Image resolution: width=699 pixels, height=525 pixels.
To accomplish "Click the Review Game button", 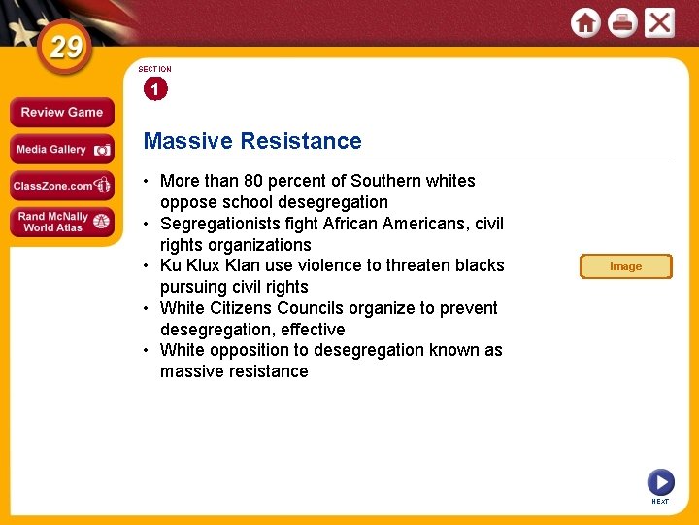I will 61,113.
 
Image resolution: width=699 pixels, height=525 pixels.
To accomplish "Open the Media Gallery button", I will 61,150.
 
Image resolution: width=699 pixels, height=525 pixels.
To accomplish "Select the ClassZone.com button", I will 61,186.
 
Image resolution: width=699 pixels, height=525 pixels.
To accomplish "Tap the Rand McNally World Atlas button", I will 61,222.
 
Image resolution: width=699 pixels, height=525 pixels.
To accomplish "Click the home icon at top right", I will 585,22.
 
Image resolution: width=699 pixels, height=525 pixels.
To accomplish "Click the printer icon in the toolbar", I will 621,22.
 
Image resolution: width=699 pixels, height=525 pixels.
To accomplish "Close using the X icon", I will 659,22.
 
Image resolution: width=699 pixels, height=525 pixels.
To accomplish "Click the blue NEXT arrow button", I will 660,482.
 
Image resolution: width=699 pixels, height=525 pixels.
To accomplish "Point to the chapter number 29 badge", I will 65,48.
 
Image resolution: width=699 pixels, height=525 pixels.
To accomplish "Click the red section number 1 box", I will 154,89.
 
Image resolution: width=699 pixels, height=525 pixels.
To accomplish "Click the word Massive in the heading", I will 187,141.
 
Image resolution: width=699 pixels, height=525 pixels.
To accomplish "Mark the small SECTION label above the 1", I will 154,69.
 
